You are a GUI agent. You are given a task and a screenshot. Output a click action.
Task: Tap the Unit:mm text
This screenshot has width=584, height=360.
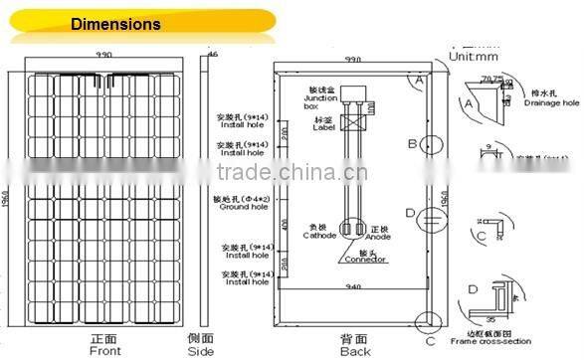click(x=471, y=57)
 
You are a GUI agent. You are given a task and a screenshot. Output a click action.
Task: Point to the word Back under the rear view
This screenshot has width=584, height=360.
click(x=354, y=350)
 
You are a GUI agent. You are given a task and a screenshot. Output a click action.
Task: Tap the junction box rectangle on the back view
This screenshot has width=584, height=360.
click(x=353, y=91)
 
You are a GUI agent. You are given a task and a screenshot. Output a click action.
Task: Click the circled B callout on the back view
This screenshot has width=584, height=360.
click(x=412, y=144)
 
